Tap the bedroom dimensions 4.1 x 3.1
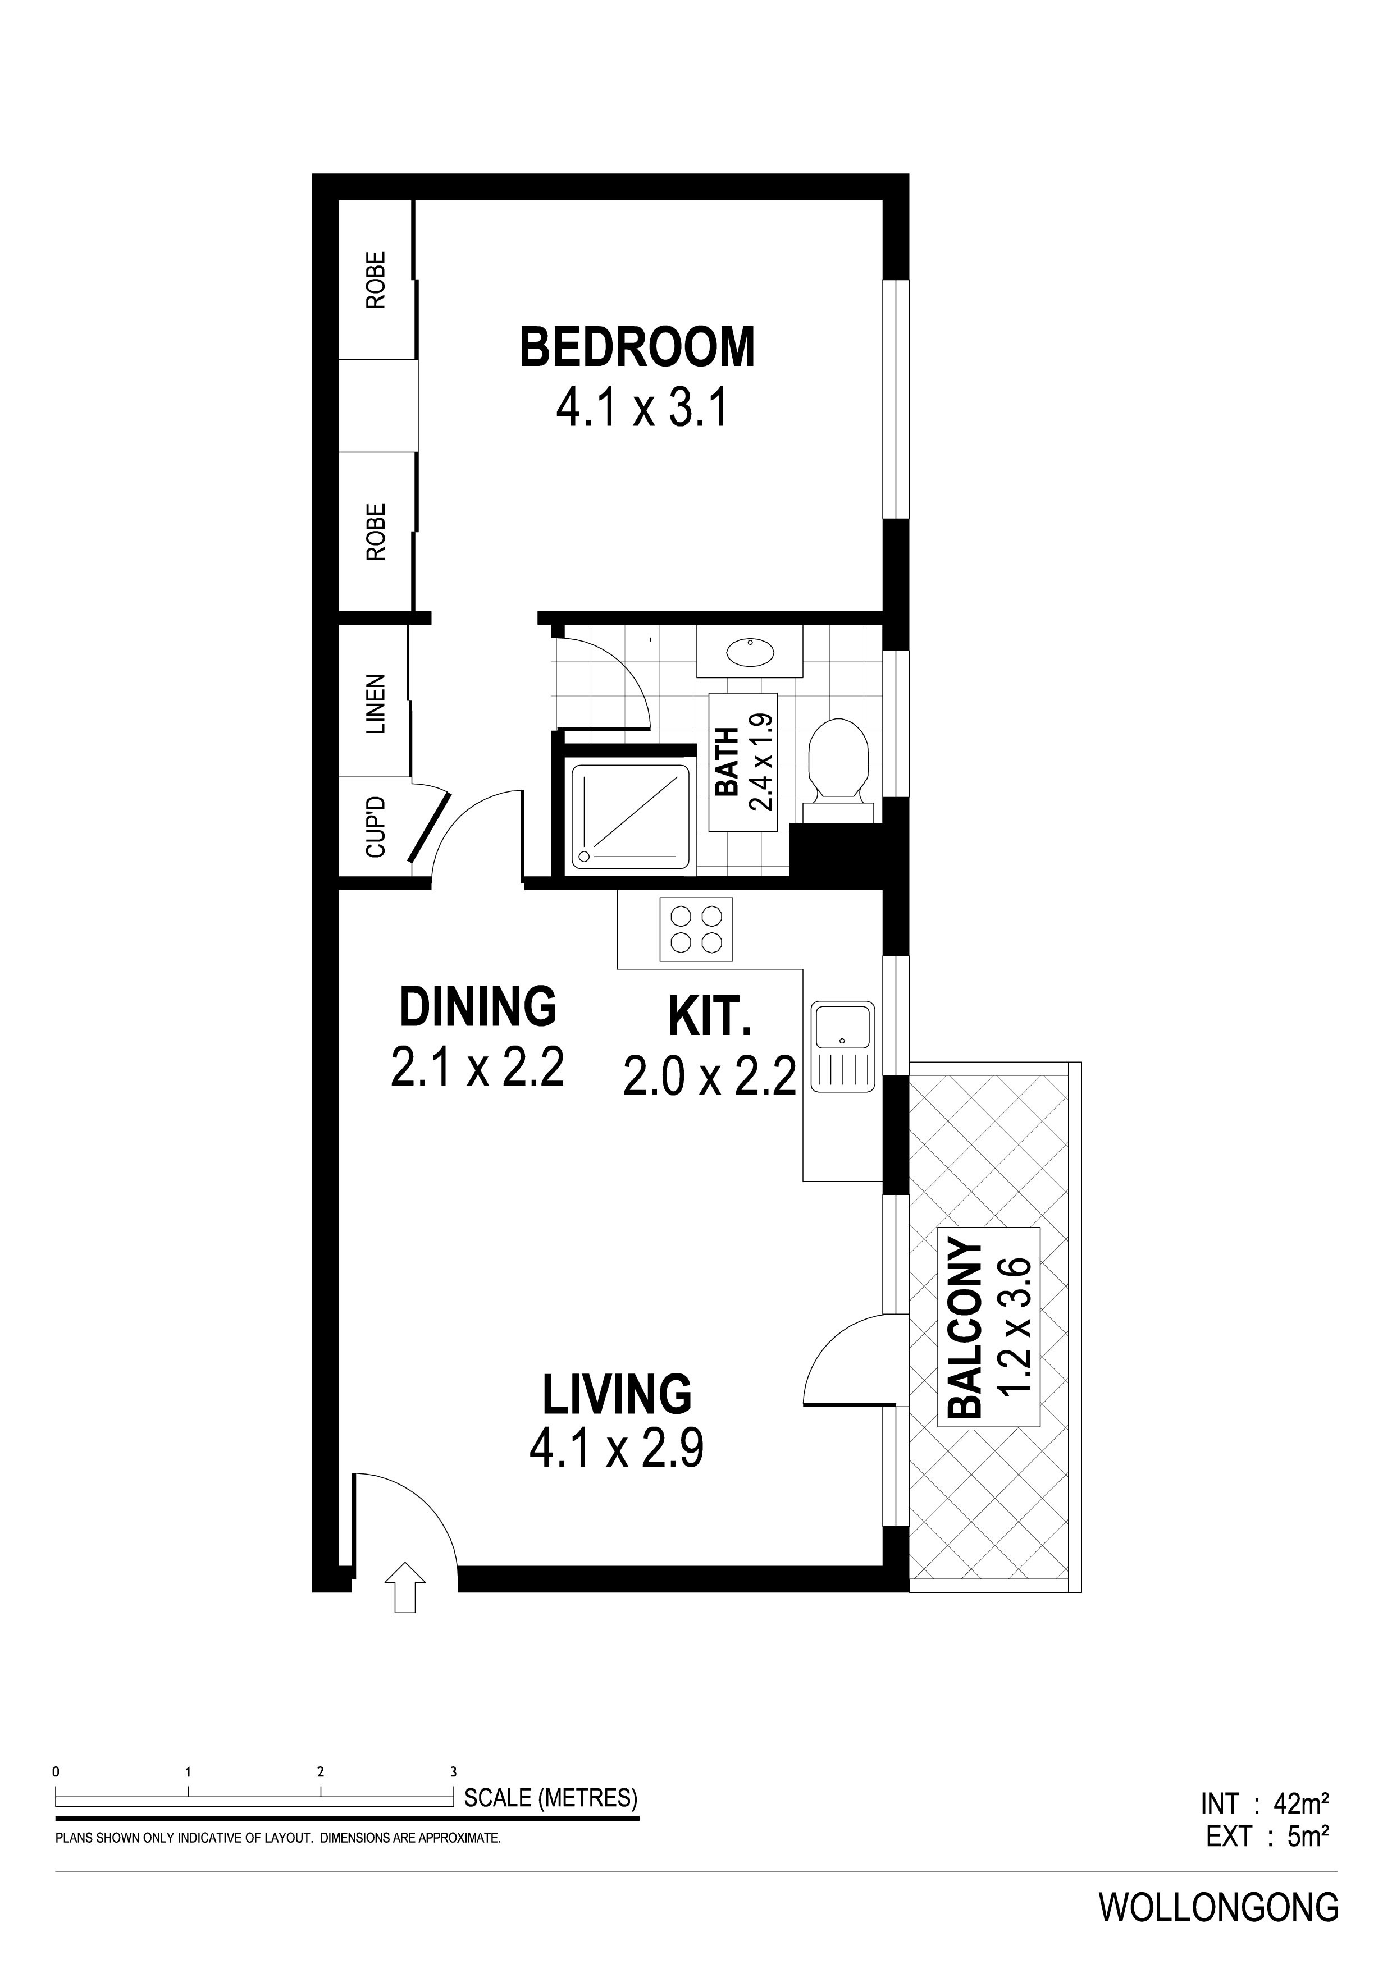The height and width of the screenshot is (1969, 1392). [642, 407]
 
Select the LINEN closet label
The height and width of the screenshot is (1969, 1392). [376, 704]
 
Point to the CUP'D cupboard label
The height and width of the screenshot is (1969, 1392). [376, 827]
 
